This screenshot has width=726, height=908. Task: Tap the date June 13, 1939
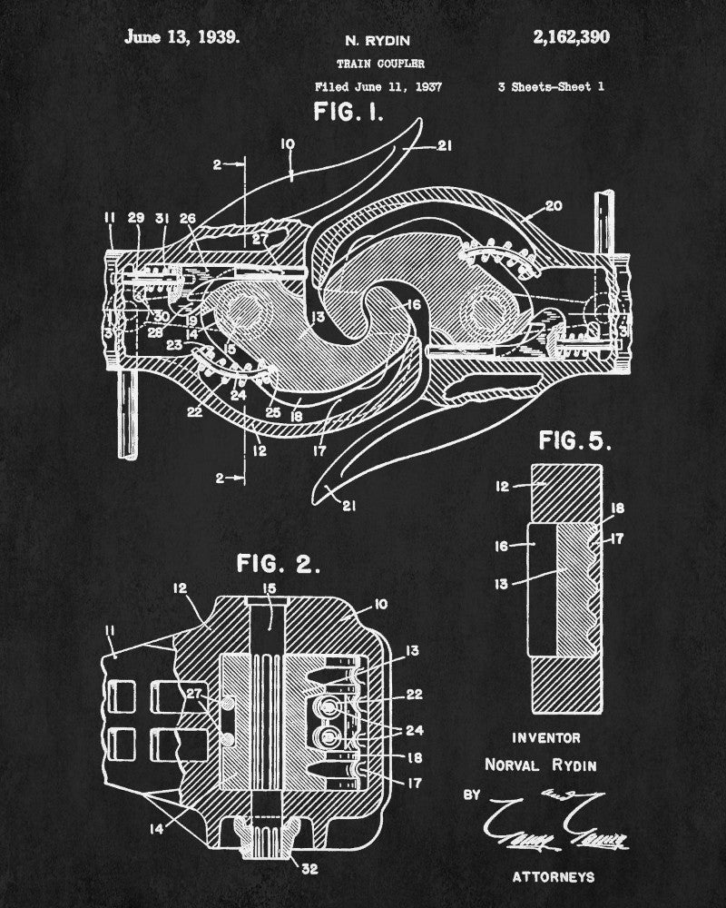(182, 37)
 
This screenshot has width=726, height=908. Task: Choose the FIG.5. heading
(575, 441)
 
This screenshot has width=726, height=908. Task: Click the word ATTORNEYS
(554, 877)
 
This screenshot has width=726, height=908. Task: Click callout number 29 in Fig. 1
(136, 219)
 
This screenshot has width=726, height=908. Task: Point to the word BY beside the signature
(472, 795)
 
